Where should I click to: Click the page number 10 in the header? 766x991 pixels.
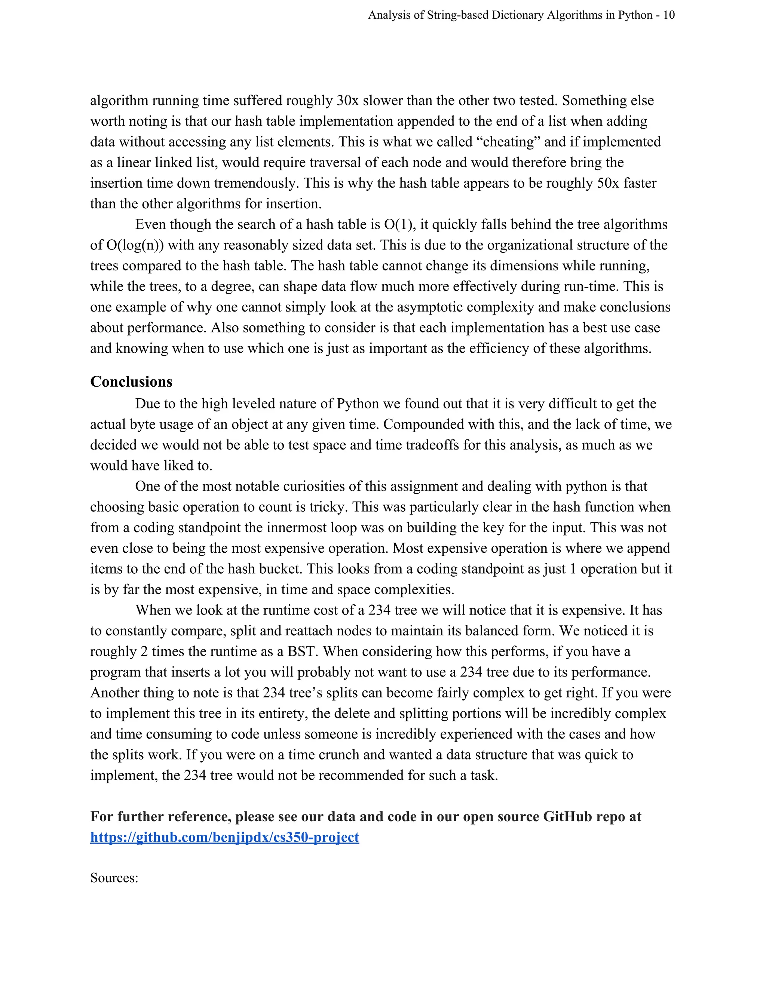669,15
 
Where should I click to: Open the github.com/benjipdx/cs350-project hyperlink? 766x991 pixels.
225,837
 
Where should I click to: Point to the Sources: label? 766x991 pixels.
114,878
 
